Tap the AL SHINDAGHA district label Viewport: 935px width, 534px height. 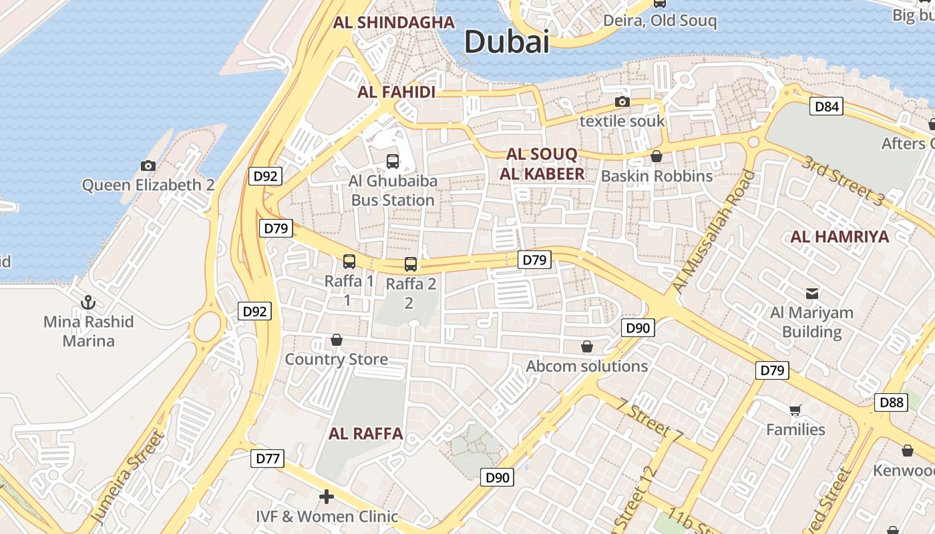(x=394, y=22)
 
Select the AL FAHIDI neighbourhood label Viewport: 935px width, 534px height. (x=397, y=92)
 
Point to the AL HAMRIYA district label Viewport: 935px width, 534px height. (x=839, y=236)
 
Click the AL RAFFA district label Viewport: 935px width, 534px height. (x=365, y=433)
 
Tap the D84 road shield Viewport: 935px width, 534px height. (x=826, y=106)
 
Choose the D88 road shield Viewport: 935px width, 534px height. (x=891, y=402)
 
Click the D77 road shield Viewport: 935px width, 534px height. (x=267, y=459)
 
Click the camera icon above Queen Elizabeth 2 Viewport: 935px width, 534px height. (x=148, y=166)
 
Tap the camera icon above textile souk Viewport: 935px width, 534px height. (x=622, y=101)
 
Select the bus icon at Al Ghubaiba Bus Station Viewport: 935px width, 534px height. (x=393, y=161)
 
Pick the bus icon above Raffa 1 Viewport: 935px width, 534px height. (x=349, y=261)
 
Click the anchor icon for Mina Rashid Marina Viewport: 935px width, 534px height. (x=88, y=303)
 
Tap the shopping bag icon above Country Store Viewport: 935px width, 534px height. (x=337, y=340)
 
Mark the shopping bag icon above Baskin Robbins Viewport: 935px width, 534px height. (x=656, y=156)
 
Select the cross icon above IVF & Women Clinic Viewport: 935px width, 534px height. (x=327, y=497)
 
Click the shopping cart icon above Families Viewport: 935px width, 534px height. (x=795, y=410)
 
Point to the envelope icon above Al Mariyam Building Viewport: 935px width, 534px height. (x=812, y=293)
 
